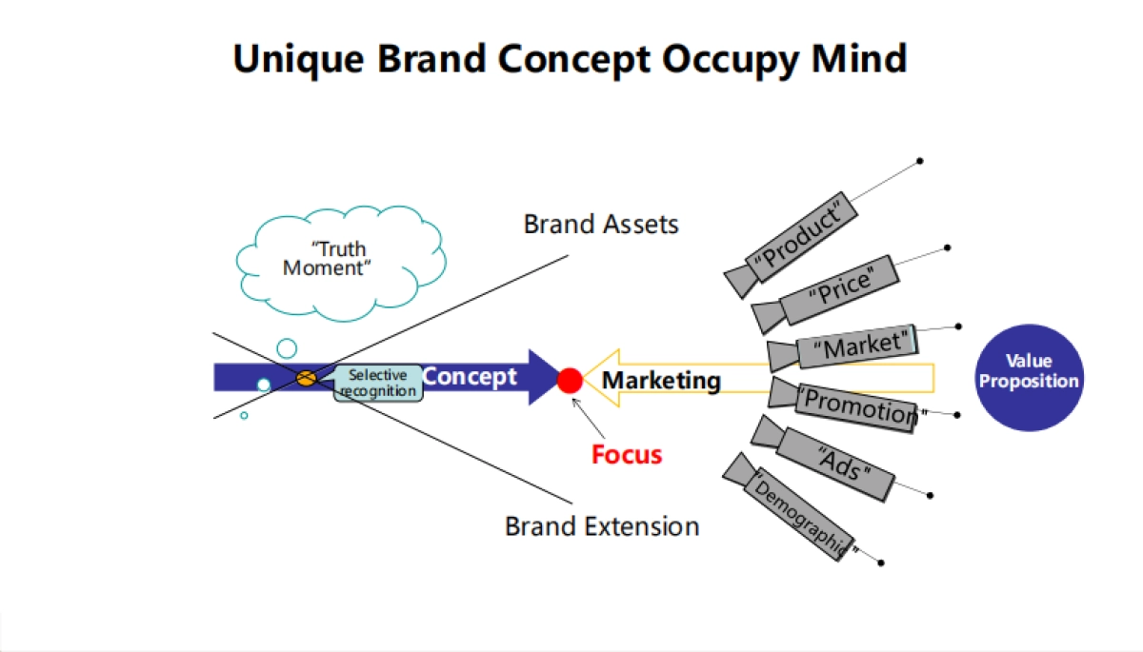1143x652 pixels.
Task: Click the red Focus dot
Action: (x=570, y=381)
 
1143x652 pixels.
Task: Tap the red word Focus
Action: (x=627, y=454)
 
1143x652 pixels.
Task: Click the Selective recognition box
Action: (x=377, y=383)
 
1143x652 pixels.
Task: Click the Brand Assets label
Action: (x=601, y=225)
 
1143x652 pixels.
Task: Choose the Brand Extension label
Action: (x=602, y=525)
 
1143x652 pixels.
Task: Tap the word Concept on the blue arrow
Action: (x=470, y=376)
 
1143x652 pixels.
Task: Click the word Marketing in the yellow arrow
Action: (x=661, y=381)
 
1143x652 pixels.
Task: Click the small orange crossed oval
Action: (x=306, y=378)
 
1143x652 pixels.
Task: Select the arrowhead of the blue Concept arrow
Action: (x=545, y=378)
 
